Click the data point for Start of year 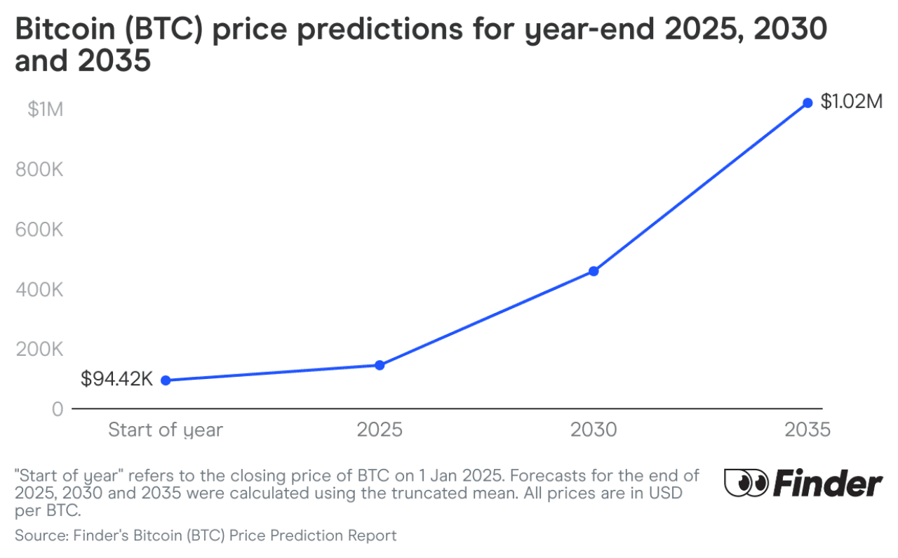(166, 380)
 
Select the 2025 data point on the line (380, 365)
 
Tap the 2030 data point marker (594, 271)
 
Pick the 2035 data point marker (807, 103)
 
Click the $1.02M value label (851, 102)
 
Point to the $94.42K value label (116, 380)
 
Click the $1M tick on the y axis (46, 110)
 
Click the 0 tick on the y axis (58, 408)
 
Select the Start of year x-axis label (166, 430)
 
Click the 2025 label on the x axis (380, 430)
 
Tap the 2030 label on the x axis (594, 430)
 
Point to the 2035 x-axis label (807, 430)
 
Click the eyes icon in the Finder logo (746, 484)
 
